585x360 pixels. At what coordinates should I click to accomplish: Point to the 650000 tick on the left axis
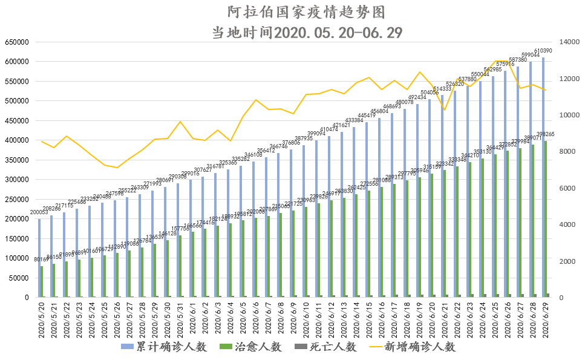click(17, 42)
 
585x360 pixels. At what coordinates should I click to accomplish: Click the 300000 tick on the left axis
click(17, 180)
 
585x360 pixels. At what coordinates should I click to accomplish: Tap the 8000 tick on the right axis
click(566, 152)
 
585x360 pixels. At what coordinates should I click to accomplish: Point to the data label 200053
click(39, 212)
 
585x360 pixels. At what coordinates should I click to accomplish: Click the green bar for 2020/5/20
click(42, 282)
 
